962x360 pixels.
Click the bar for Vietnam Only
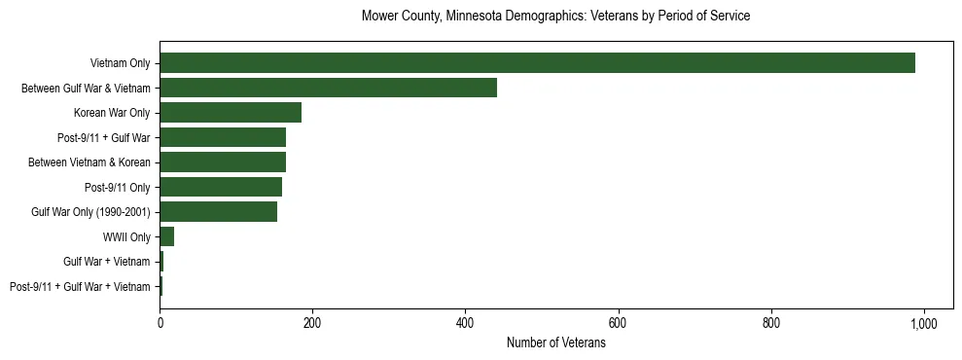click(537, 62)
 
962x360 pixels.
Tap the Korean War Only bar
click(231, 112)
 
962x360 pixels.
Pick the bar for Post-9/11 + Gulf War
click(223, 137)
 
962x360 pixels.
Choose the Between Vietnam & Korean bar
click(223, 162)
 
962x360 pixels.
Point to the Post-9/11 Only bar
click(221, 187)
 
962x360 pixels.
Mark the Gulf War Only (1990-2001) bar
click(218, 211)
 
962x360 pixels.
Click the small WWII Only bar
click(166, 236)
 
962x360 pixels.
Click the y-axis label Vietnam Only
click(119, 63)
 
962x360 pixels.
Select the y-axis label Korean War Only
click(112, 113)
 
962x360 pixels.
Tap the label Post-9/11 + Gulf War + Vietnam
click(80, 287)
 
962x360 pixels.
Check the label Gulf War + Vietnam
click(107, 262)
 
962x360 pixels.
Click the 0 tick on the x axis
click(160, 323)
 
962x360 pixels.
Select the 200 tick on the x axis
click(312, 323)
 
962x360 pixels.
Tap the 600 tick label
click(618, 323)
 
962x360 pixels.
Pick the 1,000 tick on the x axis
click(923, 323)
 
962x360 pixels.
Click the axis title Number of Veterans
click(555, 342)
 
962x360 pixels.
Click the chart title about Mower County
click(555, 17)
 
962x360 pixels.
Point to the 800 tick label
click(770, 323)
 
